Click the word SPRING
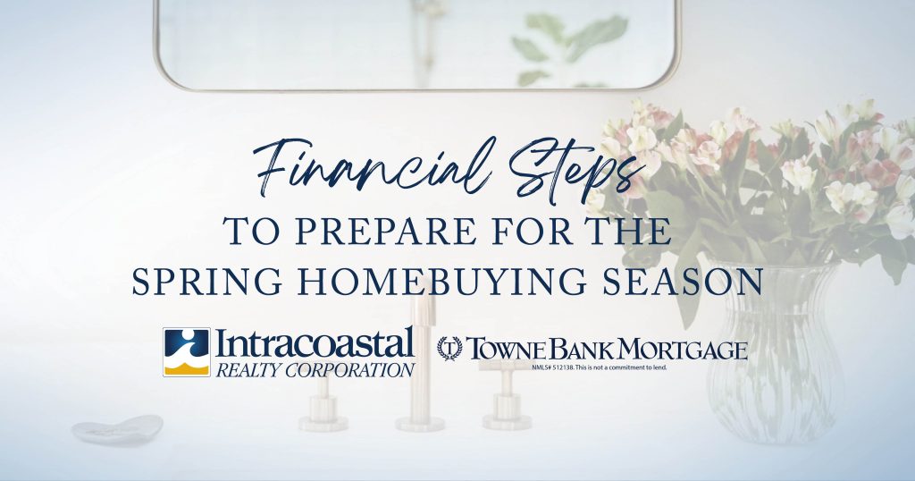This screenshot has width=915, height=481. point(207,281)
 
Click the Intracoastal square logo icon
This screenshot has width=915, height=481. point(186,352)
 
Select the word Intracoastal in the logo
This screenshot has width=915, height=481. point(315,343)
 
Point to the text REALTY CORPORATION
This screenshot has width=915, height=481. point(315,369)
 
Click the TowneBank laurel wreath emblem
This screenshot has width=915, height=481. point(449,349)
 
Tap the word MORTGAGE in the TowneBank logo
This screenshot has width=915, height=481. point(683,349)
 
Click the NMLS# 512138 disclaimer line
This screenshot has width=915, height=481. point(599,367)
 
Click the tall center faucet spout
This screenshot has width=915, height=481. point(420,362)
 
